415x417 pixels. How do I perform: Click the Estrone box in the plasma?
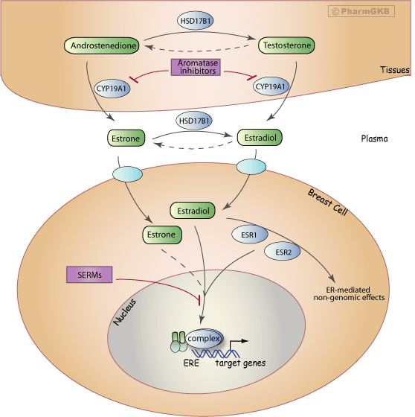(x=123, y=138)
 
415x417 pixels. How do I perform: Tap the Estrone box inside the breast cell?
(x=160, y=236)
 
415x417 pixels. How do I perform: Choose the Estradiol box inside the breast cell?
(x=193, y=211)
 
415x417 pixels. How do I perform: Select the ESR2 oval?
(x=283, y=251)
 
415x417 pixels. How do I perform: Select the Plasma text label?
(x=373, y=138)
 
